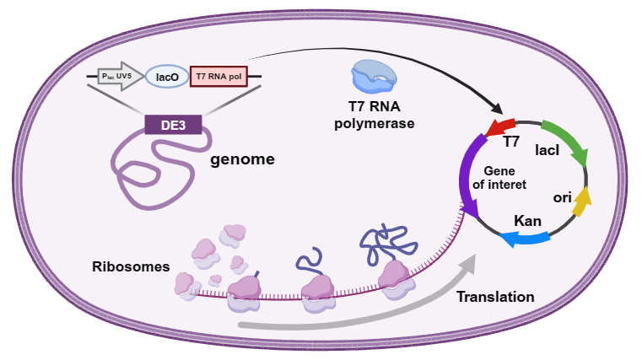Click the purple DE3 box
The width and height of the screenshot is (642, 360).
click(173, 125)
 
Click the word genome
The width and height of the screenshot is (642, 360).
click(243, 159)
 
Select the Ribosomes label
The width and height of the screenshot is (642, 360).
click(131, 266)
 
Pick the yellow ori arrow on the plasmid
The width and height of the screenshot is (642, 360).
click(582, 197)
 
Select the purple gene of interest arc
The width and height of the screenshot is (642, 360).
click(466, 181)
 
